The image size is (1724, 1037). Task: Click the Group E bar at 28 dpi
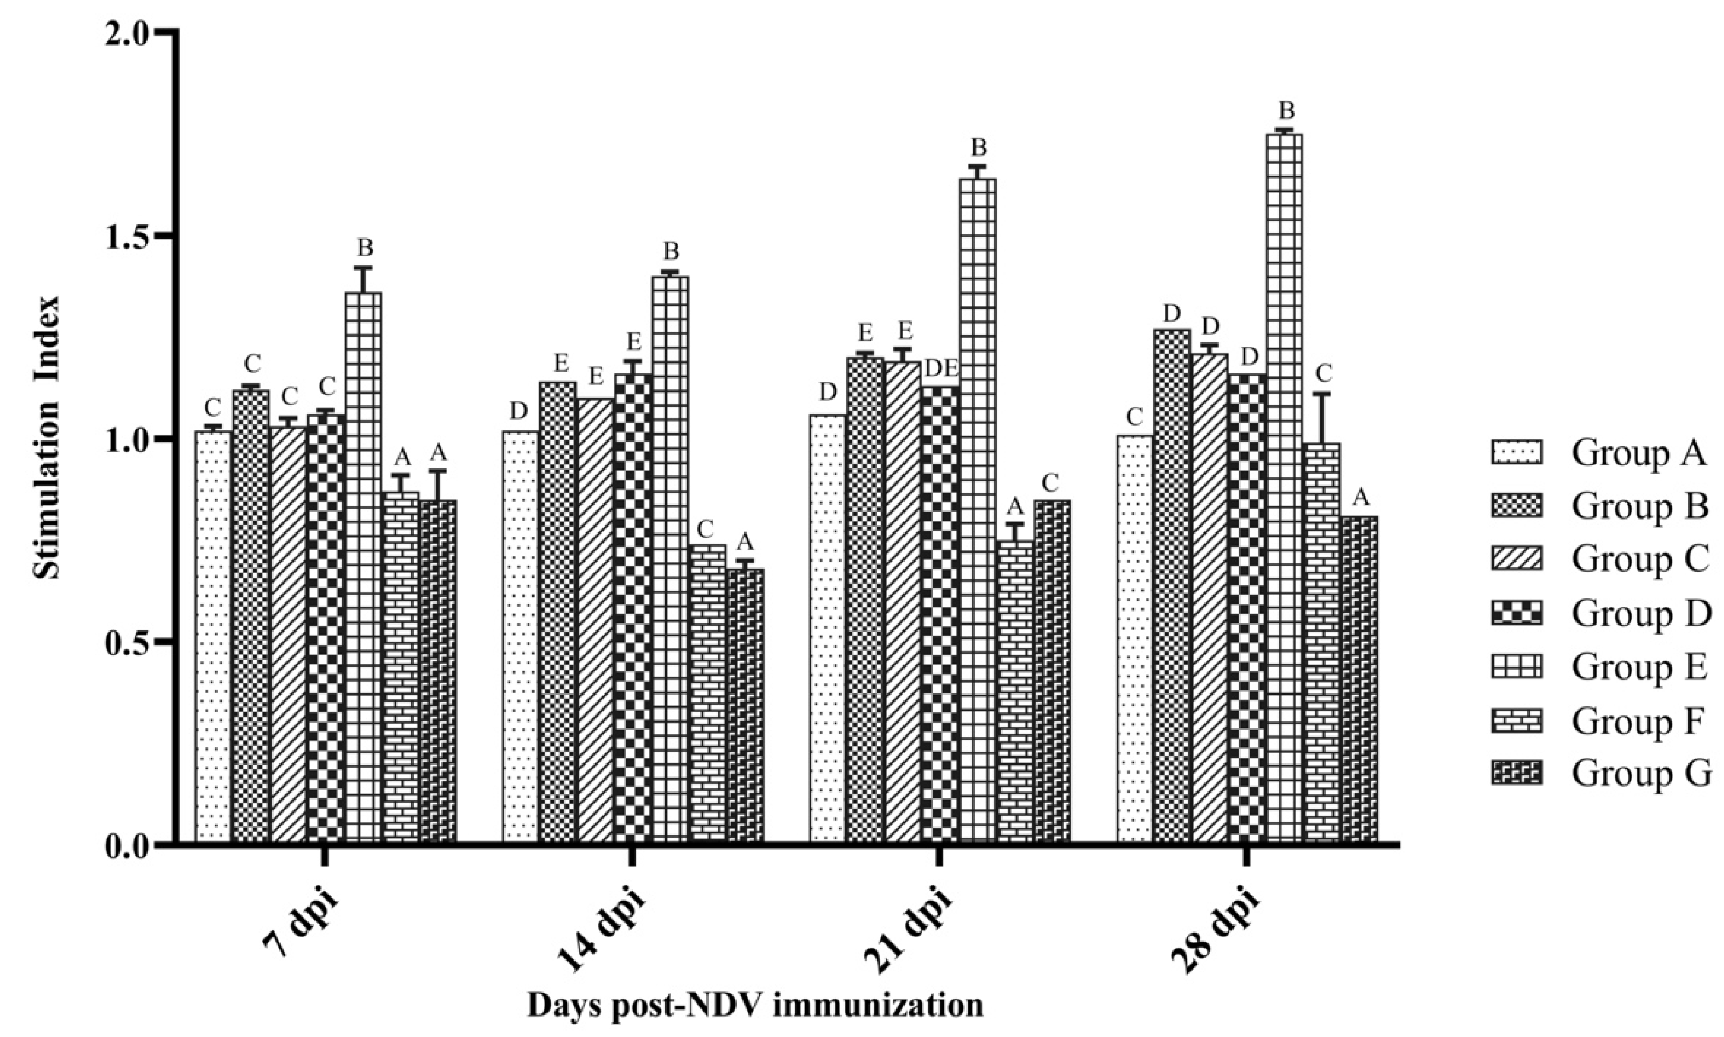pos(1284,489)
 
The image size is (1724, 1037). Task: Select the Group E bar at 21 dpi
pos(977,510)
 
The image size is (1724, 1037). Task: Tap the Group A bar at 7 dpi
pos(213,636)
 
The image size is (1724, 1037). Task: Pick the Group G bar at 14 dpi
pos(745,706)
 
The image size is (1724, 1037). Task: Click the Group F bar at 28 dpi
pos(1321,643)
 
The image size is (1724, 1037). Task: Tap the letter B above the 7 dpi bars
pos(365,248)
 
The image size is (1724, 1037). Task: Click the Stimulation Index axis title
pos(47,438)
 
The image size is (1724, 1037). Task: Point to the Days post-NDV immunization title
pos(754,1007)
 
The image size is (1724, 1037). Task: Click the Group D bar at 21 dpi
pos(940,615)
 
